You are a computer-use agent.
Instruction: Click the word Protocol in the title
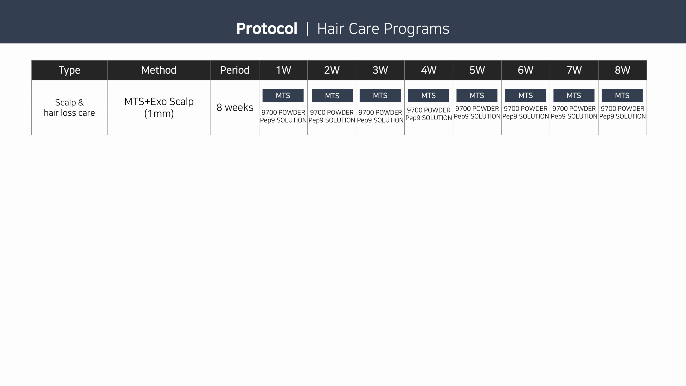coord(267,29)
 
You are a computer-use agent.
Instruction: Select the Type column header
coord(69,70)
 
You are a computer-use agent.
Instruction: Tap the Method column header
coord(159,70)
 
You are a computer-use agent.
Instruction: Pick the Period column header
coord(235,70)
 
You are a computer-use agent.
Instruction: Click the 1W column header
coord(283,70)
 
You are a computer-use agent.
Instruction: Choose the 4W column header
coord(428,70)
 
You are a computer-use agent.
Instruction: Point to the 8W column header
coord(622,70)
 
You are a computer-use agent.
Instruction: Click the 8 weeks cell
coord(235,107)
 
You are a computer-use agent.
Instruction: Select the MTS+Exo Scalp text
coord(159,102)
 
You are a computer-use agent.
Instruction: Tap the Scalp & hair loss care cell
coord(69,107)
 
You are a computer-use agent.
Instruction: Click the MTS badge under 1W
coord(283,95)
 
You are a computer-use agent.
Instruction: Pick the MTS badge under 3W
coord(380,95)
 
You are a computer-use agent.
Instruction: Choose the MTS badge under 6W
coord(525,95)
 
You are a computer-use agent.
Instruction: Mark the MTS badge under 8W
coord(622,95)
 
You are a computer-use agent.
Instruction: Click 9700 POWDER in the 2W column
coord(332,112)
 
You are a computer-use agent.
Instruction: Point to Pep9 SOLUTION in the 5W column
coord(477,116)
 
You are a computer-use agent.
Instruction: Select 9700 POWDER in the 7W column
coord(574,109)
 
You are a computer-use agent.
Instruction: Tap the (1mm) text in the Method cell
coord(159,114)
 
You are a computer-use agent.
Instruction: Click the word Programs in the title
coord(416,29)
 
